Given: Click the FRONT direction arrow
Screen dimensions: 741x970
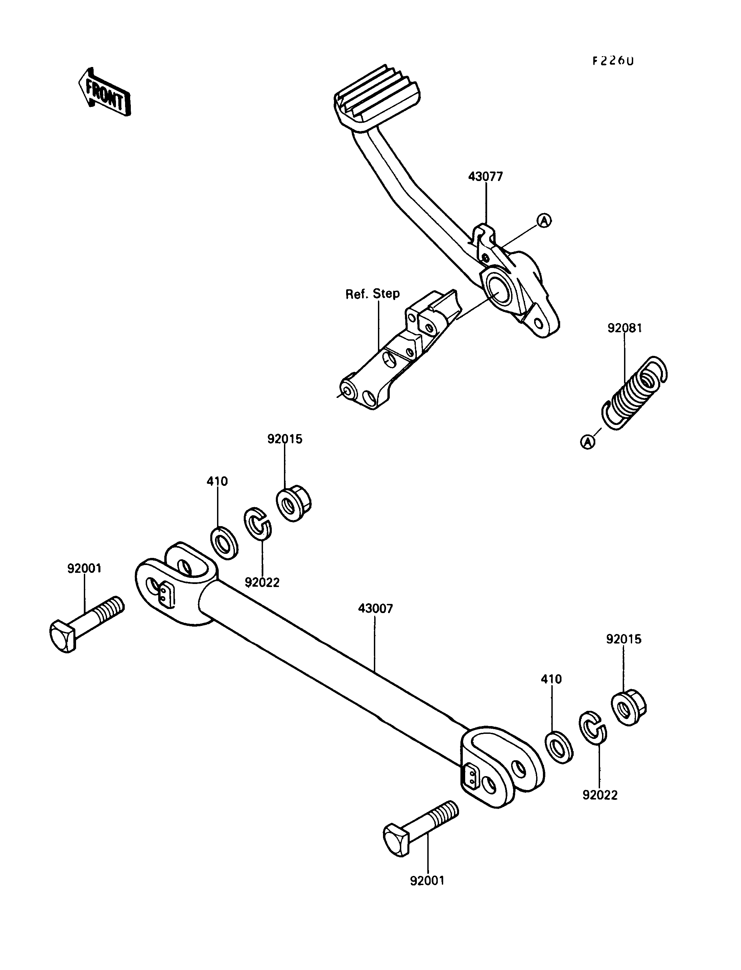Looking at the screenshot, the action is (x=104, y=92).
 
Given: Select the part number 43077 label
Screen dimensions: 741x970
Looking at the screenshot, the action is (x=485, y=177).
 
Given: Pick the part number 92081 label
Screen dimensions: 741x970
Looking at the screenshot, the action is (x=625, y=328).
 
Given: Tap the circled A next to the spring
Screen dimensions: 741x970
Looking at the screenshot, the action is (x=588, y=442).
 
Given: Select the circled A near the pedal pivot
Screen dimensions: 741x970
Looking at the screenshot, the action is (x=544, y=220).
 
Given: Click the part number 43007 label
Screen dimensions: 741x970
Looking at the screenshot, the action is (x=375, y=608).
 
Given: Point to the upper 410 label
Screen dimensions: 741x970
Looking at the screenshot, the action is (x=217, y=481).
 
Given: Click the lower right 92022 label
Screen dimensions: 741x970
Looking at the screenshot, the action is (x=600, y=795).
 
